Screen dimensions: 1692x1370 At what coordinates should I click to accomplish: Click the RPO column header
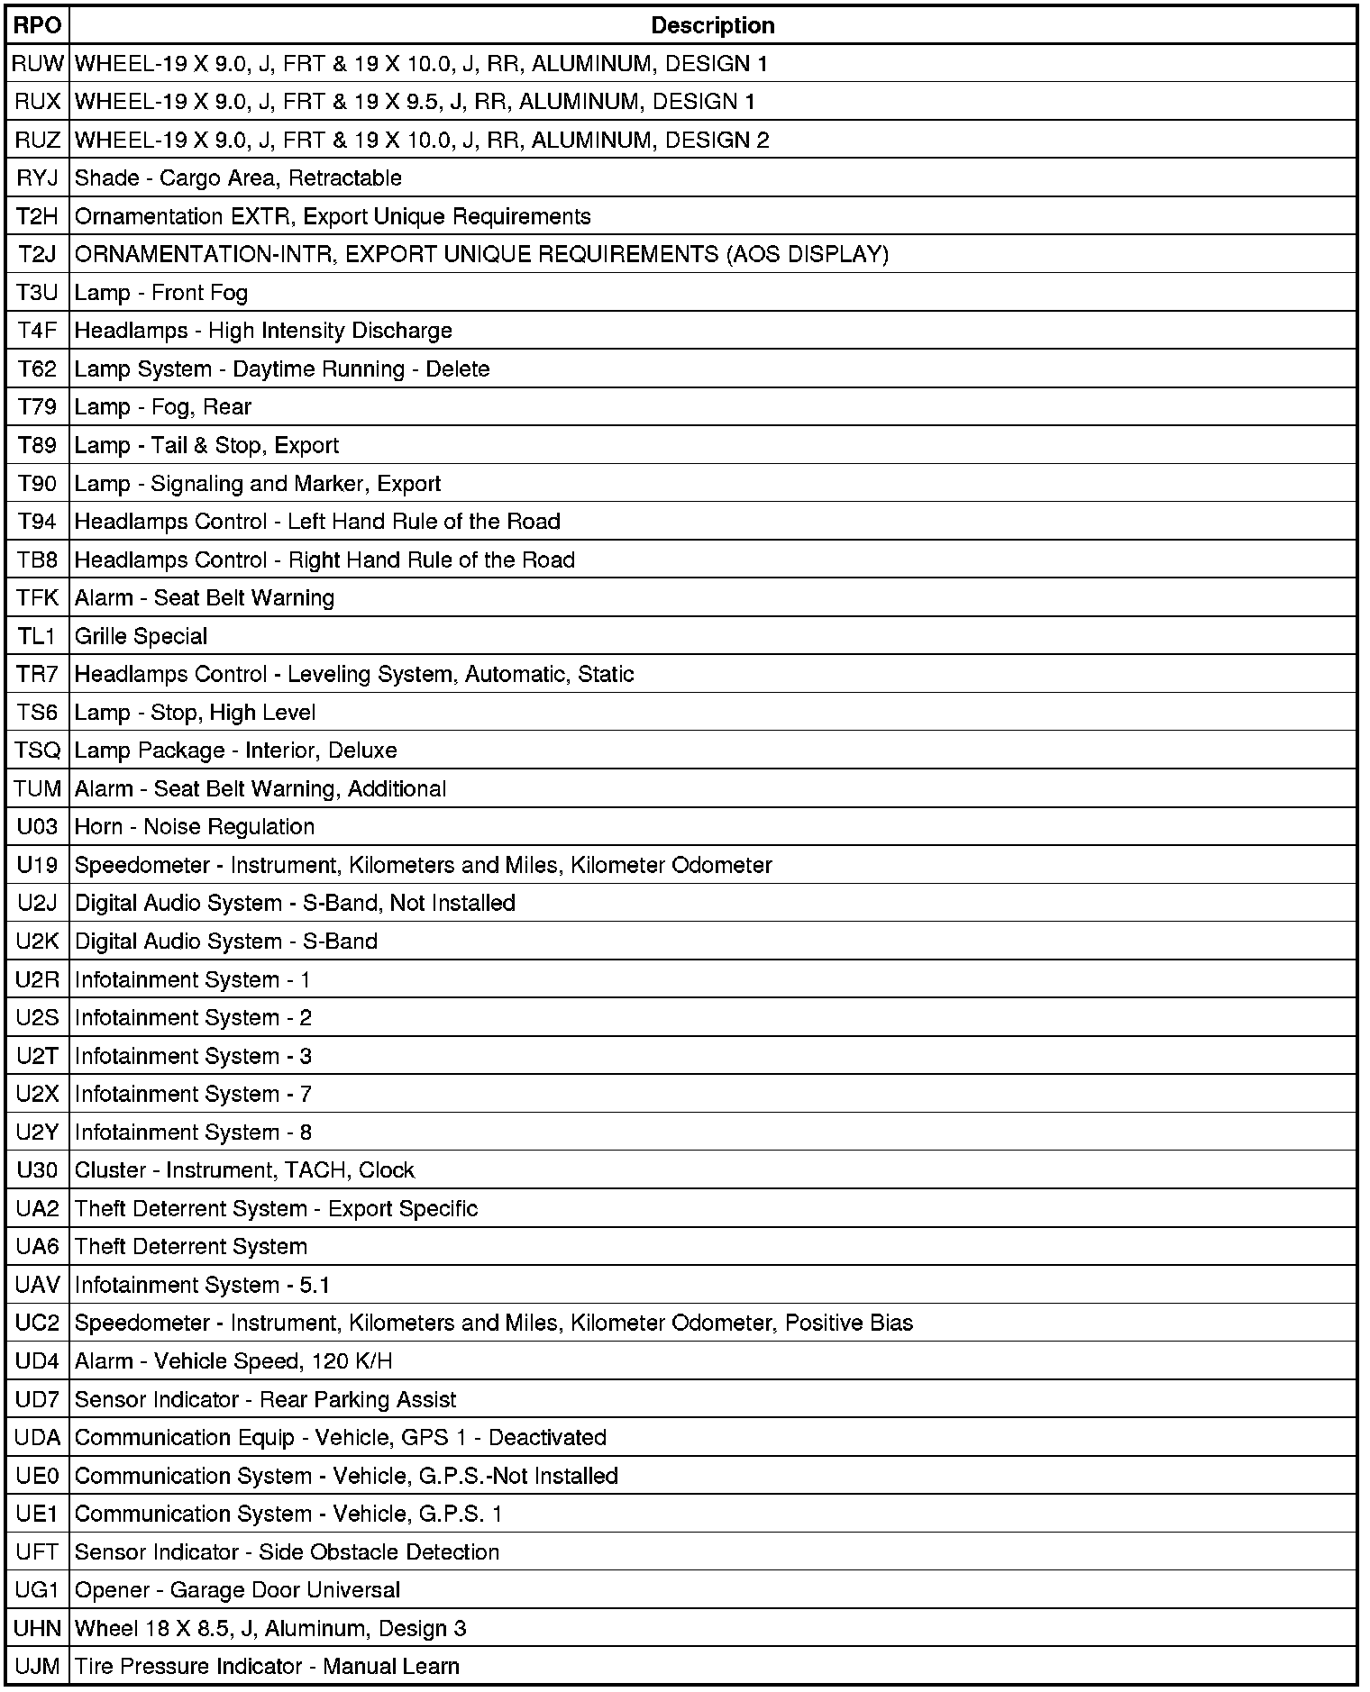click(37, 25)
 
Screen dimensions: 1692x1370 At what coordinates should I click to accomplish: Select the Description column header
click(712, 25)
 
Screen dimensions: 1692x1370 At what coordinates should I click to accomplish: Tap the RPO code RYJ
click(37, 178)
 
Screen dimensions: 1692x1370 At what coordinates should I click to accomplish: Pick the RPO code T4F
click(37, 331)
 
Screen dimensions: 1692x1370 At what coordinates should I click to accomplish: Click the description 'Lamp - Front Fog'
click(161, 293)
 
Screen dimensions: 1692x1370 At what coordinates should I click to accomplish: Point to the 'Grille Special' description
click(141, 636)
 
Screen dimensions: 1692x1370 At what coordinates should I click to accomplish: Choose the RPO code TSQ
click(37, 750)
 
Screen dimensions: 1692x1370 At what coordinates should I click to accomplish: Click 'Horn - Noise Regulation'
click(195, 827)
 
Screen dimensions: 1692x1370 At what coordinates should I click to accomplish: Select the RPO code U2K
click(37, 942)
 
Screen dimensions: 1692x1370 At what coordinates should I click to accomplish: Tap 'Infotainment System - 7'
click(193, 1094)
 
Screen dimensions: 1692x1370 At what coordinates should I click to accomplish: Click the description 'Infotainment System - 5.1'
click(202, 1285)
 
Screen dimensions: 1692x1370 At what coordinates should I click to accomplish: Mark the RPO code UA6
click(37, 1247)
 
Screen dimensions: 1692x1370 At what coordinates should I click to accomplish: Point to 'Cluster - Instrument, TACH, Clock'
click(244, 1170)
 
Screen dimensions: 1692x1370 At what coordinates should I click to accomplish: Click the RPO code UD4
click(37, 1361)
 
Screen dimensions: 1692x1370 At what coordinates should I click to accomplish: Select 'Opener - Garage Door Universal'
click(237, 1590)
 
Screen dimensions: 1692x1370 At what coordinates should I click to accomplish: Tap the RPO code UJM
click(37, 1667)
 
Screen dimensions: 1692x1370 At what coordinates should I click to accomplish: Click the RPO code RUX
click(37, 102)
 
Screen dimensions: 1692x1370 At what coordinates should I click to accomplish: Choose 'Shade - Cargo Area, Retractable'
click(238, 178)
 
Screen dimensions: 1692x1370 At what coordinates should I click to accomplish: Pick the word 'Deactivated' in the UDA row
click(547, 1437)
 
